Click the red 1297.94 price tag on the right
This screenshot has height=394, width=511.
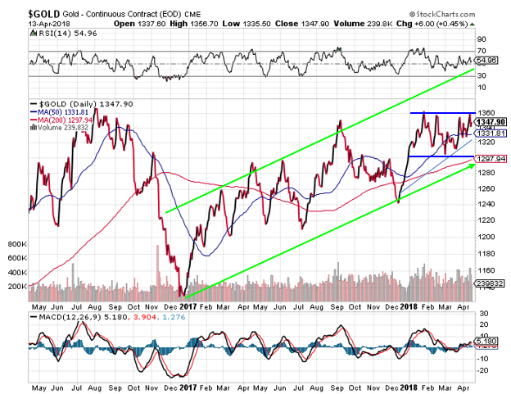point(492,159)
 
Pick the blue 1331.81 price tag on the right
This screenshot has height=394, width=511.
point(492,133)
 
